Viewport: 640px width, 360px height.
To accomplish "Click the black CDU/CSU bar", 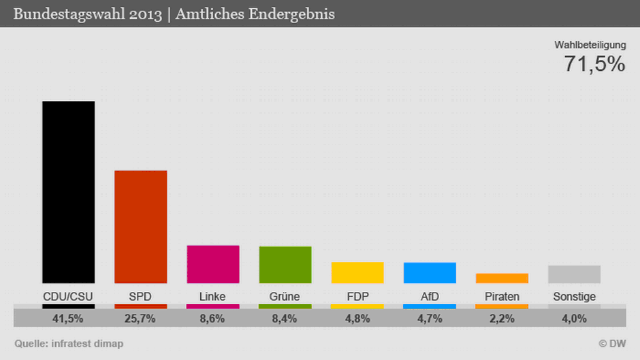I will click(x=68, y=192).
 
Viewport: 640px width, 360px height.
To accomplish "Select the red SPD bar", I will click(x=140, y=226).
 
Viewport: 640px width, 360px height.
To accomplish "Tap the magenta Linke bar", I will click(x=212, y=264).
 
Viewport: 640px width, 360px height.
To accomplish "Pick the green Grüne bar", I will click(x=285, y=265).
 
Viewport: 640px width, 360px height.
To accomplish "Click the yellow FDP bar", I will click(x=357, y=272).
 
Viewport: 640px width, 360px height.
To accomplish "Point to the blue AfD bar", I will click(x=430, y=272).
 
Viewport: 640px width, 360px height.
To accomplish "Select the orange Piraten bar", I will click(x=502, y=278).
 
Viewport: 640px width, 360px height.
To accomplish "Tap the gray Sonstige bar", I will click(x=574, y=274).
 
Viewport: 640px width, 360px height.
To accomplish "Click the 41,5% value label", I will click(x=68, y=318).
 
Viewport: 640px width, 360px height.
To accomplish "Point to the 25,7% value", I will click(x=140, y=318).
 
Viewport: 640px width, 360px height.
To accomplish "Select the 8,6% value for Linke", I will click(x=212, y=318).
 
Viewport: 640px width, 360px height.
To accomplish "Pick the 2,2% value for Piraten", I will click(x=502, y=318).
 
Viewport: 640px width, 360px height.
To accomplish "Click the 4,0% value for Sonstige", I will click(x=574, y=318).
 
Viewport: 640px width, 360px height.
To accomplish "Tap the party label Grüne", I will click(x=285, y=297).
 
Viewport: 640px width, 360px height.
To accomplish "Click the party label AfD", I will click(x=430, y=297).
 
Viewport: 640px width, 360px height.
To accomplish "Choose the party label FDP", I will click(x=357, y=297).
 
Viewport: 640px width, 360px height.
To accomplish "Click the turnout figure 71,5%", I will click(x=594, y=65).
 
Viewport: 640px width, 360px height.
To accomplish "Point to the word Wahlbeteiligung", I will click(x=590, y=45).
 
